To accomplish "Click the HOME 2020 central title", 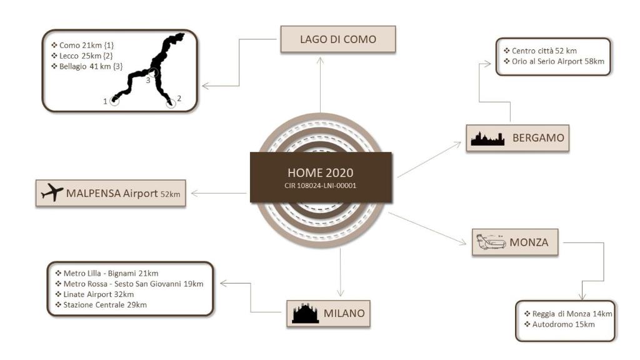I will tap(321, 172).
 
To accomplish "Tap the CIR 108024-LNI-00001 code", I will tap(321, 185).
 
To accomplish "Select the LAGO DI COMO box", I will tap(337, 39).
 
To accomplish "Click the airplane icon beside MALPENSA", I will tap(52, 194).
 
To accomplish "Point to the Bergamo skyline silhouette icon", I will tap(487, 139).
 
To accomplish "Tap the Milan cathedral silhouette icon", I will tap(306, 312).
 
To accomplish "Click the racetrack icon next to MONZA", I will tap(491, 242).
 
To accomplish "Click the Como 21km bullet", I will tap(80, 46).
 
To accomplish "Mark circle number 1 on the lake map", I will tap(114, 101).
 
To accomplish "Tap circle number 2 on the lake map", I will tap(171, 103).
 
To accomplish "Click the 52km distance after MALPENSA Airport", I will tap(171, 195).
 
